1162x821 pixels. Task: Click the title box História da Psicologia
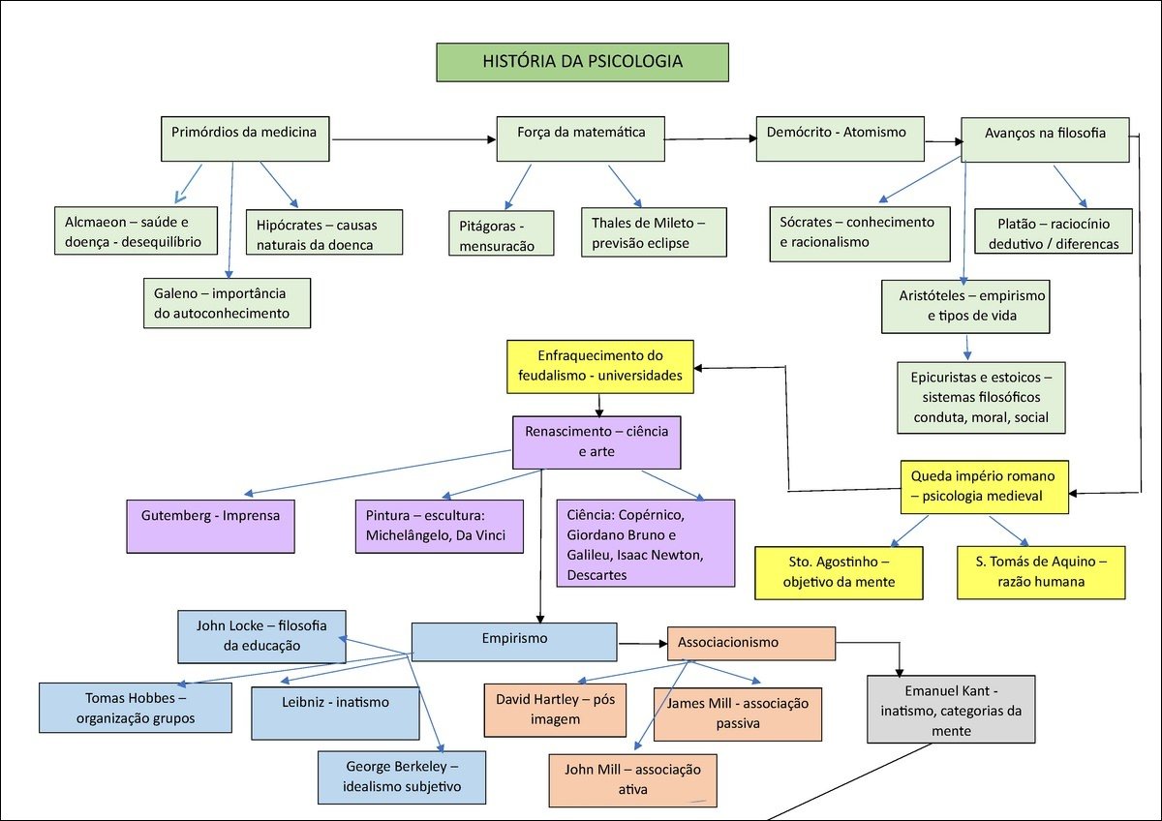[582, 62]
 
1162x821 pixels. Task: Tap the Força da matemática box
[581, 138]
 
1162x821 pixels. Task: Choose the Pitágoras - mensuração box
[502, 233]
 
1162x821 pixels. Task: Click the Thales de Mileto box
[654, 232]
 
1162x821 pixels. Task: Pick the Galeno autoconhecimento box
[227, 302]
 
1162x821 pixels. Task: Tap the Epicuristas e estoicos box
[980, 397]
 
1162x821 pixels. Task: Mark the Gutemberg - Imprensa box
[210, 526]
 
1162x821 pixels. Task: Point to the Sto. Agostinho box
[838, 571]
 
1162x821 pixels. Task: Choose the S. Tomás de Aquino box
[1042, 571]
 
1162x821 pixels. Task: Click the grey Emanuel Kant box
[950, 709]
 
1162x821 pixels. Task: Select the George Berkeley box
[402, 776]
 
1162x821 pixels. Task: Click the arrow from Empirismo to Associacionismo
[642, 643]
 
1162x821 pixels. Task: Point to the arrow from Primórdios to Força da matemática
[413, 140]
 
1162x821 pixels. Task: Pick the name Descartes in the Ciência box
[598, 575]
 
